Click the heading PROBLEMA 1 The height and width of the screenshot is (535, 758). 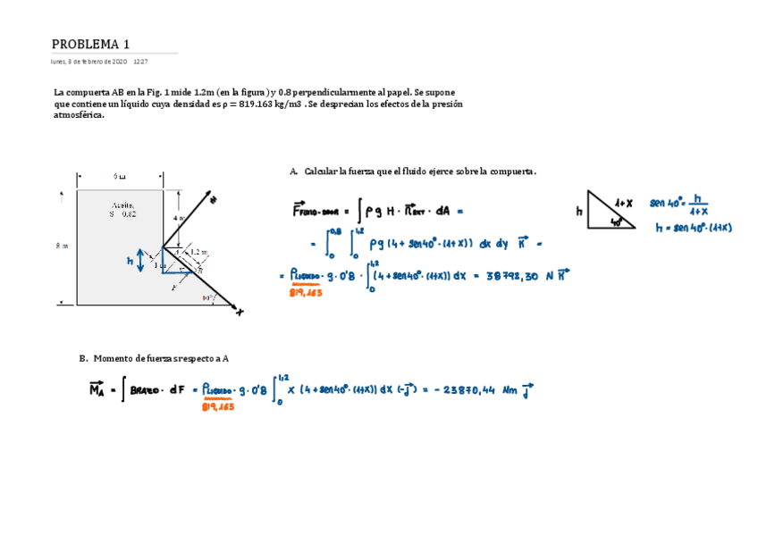coord(90,45)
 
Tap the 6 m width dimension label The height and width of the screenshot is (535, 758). coord(120,176)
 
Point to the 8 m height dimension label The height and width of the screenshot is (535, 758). coord(61,246)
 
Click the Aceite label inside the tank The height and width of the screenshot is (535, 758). coord(122,205)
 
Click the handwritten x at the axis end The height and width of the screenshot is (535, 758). coord(239,312)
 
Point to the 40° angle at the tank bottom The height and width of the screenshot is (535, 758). coord(207,297)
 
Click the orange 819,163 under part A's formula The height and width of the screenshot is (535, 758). coord(307,292)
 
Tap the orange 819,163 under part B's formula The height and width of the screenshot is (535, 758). coord(218,406)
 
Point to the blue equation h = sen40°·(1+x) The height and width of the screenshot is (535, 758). coord(693,228)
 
